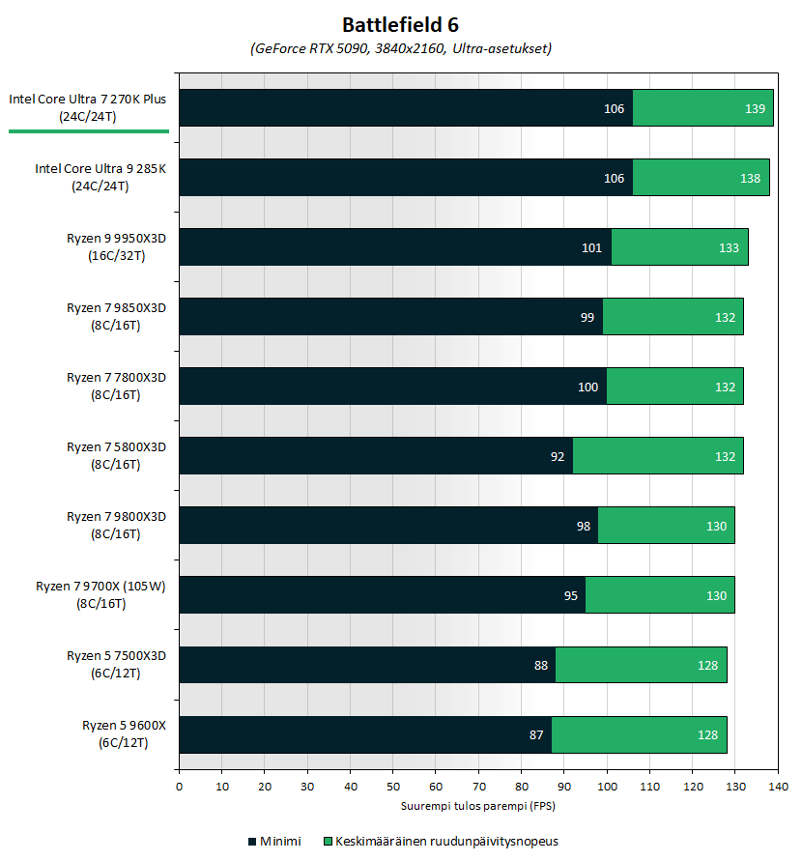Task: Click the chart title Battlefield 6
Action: (x=400, y=23)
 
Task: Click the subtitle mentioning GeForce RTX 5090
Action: (x=400, y=48)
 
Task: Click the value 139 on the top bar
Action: (x=756, y=109)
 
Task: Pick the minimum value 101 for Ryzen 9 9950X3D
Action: (x=591, y=248)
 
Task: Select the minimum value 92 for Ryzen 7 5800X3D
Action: (x=558, y=457)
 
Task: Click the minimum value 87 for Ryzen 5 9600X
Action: (x=536, y=735)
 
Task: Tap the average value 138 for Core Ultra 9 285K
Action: (x=750, y=179)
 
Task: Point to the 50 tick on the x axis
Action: (x=392, y=787)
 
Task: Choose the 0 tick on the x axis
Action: (x=179, y=787)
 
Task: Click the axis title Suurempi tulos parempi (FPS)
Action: (x=477, y=805)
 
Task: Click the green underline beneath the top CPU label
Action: (x=88, y=130)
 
